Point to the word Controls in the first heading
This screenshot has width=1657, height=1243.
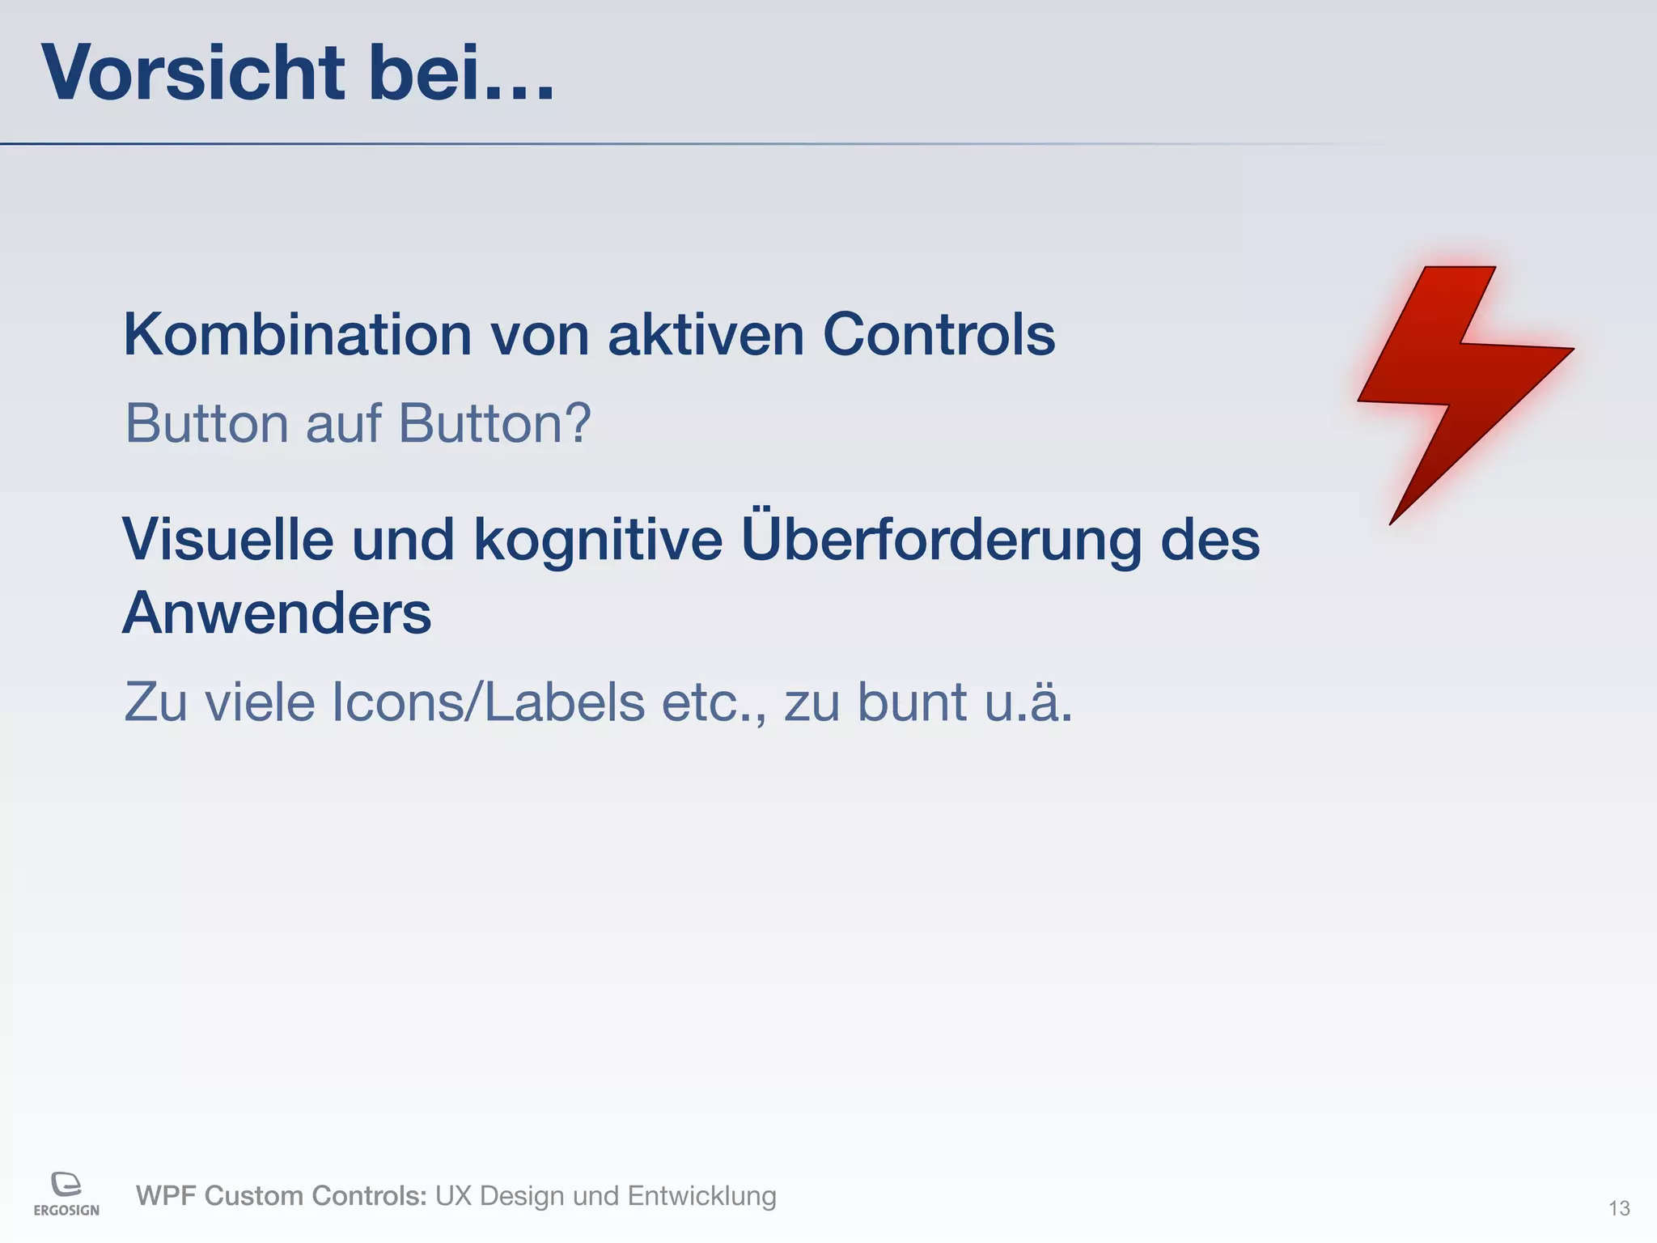point(939,334)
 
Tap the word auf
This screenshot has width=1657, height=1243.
point(343,423)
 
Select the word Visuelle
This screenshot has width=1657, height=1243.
point(227,540)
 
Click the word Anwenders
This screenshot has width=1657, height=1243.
point(277,613)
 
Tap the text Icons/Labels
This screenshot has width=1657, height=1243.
point(489,702)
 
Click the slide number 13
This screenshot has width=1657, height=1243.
point(1618,1208)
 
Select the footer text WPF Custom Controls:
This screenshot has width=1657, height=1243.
point(281,1195)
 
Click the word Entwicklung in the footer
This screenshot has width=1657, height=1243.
point(701,1195)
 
